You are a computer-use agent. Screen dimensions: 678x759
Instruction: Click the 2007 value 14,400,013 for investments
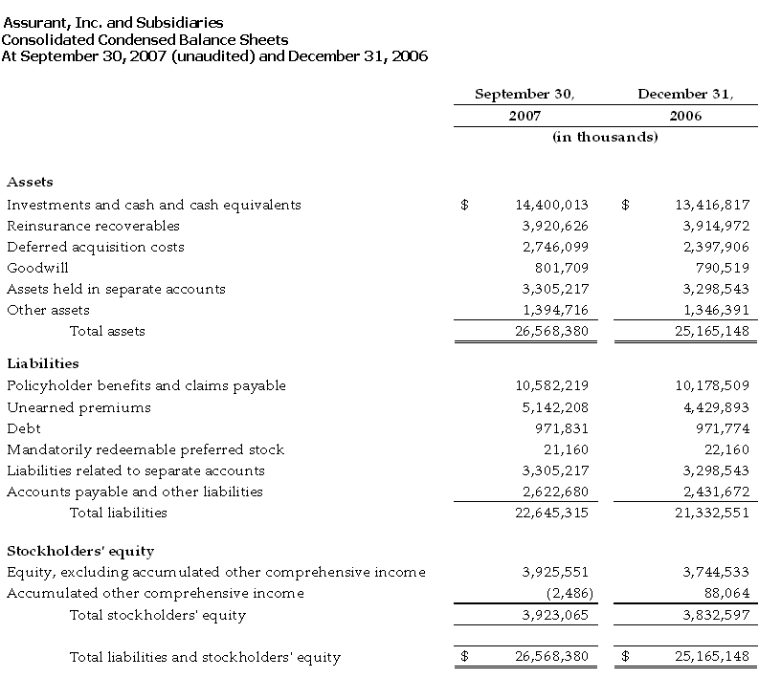coord(552,205)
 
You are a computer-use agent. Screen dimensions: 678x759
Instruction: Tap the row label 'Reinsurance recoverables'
coord(93,226)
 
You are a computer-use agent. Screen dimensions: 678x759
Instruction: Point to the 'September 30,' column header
coord(525,94)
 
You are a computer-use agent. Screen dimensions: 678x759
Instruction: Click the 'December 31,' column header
coord(685,94)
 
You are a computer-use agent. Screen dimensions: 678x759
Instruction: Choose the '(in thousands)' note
coord(605,137)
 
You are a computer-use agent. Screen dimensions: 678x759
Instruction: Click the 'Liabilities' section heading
coord(43,363)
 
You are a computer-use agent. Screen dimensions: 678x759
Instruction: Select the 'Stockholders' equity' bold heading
coord(80,551)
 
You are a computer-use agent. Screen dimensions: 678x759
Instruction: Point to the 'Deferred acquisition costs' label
coord(96,247)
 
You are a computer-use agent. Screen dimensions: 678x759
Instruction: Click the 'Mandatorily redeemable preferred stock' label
coord(145,449)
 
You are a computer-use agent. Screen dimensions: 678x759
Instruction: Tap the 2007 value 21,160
coord(567,449)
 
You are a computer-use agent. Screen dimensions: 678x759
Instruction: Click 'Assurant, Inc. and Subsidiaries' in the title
coord(113,22)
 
